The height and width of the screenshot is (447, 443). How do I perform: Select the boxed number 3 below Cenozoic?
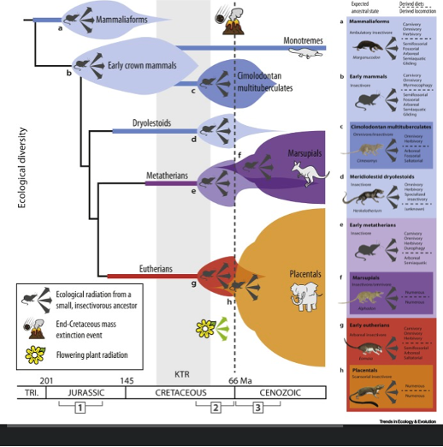(257, 408)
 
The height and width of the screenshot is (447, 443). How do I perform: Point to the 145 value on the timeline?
(127, 379)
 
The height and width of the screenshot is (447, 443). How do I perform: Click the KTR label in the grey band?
(181, 374)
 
